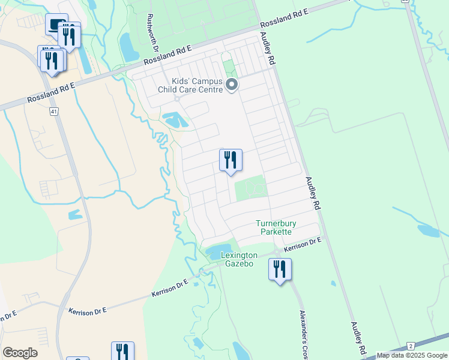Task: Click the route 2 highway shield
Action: [x=411, y=346]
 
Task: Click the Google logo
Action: [x=20, y=353]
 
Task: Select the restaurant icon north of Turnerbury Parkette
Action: [x=231, y=160]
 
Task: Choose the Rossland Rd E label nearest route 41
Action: [x=51, y=92]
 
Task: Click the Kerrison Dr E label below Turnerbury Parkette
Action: [x=303, y=244]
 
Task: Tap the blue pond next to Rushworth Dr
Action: [x=128, y=46]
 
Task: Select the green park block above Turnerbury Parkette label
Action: [x=250, y=189]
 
